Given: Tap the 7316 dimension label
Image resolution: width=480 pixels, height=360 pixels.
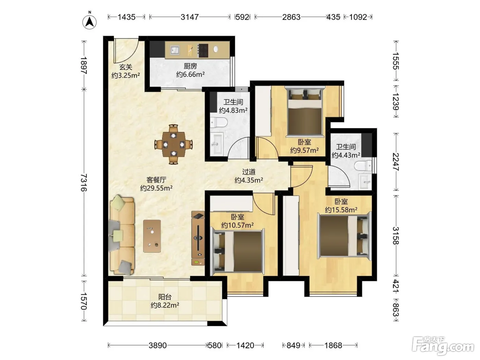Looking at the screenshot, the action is coord(84,182).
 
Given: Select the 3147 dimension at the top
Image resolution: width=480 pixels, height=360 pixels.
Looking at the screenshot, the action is coord(189,17).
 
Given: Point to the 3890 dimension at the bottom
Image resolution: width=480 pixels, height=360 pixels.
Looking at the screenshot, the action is coord(157,345).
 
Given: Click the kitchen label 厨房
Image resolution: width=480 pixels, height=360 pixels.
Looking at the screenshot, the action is coord(190,66).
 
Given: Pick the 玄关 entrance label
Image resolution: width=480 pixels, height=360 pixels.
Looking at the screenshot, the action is coord(126,67).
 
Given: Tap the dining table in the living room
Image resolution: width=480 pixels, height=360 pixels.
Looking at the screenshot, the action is coord(173,144).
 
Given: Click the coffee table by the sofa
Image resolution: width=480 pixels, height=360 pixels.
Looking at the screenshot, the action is coord(152,236).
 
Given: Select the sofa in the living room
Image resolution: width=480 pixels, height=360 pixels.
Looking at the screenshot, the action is coord(122,235).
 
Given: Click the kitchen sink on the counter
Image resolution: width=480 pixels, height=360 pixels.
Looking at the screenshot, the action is coord(175,50).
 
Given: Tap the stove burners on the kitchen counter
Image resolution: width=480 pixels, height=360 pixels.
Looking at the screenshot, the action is coord(203,50).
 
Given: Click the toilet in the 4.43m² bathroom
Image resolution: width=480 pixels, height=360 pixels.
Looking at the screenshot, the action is coord(363,166).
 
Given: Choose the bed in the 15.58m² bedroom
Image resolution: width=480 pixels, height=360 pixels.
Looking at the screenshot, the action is coord(345,236).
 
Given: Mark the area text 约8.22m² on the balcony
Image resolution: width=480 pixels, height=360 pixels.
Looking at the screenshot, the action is coord(165,305).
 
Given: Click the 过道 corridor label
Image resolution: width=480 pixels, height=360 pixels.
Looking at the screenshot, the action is coord(249,172).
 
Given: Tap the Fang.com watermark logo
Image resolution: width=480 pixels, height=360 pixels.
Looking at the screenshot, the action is coord(443,346).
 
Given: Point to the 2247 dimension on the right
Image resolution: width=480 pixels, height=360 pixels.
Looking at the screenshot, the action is coord(396,162).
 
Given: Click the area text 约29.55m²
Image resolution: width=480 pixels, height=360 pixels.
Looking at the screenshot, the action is coord(156,188).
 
